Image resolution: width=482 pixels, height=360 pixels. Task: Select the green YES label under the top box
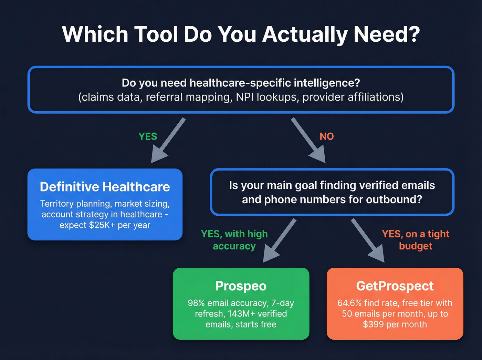pos(148,136)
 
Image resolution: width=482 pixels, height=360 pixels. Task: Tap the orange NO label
pos(327,136)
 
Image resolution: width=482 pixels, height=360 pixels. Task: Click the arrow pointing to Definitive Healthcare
pos(168,141)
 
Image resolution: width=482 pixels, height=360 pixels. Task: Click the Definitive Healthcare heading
pos(105,187)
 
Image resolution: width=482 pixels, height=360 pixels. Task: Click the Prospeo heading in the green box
pos(241,286)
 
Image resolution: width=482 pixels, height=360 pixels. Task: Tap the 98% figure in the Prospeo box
pos(196,303)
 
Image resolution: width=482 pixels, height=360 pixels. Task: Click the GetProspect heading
pos(395,286)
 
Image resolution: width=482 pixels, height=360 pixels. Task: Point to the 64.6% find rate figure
pos(349,303)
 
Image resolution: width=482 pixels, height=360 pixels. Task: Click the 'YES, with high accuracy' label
pos(234,240)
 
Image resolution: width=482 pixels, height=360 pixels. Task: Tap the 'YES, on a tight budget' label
pos(416,240)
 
